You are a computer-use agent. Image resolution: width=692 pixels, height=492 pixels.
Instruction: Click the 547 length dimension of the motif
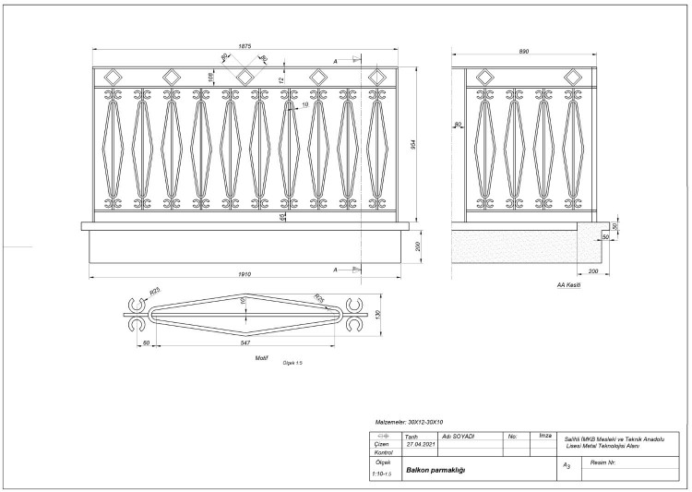pyautogui.click(x=244, y=342)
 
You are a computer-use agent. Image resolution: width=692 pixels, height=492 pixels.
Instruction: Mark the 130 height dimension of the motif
pyautogui.click(x=376, y=315)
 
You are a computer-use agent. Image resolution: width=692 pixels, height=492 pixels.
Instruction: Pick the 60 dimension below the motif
pyautogui.click(x=146, y=342)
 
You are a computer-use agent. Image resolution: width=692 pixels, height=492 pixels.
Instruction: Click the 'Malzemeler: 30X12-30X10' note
pyautogui.click(x=410, y=420)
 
